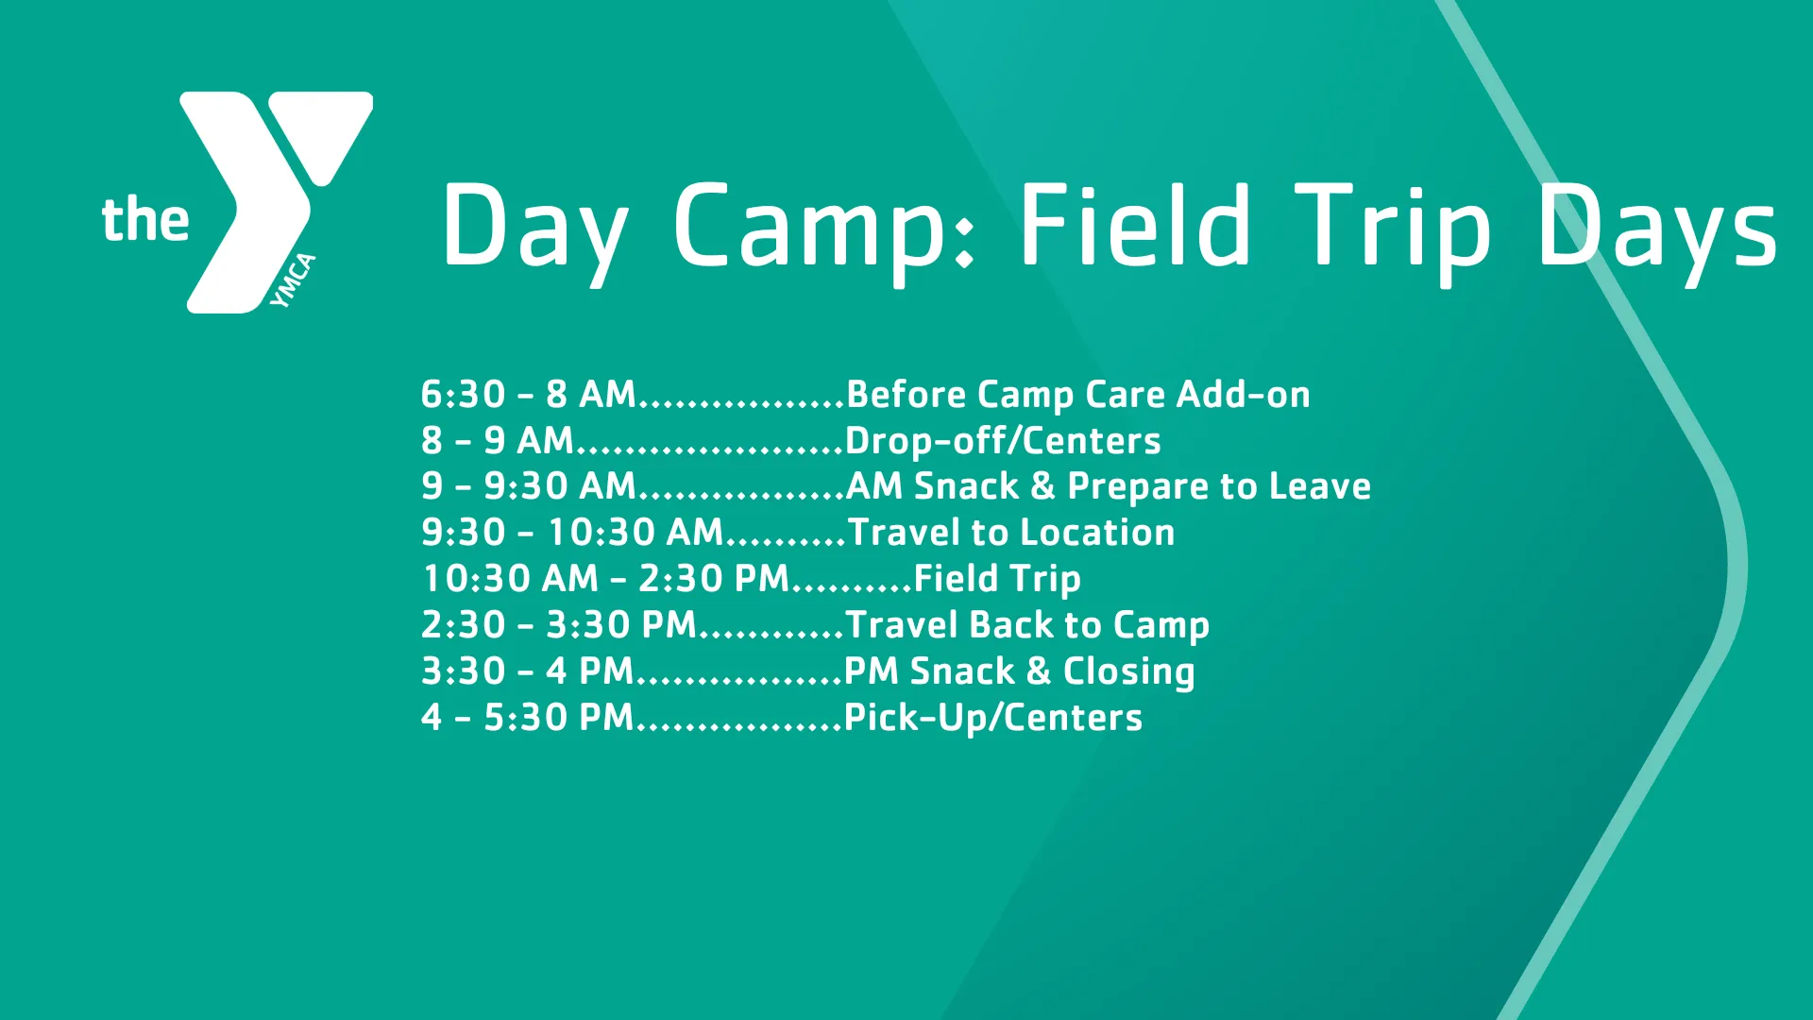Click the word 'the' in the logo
coord(145,220)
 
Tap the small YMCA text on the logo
coord(293,280)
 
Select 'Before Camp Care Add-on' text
coord(1078,395)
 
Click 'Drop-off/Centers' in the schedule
coord(1003,441)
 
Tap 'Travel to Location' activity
coord(1011,533)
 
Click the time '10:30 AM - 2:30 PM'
coord(605,579)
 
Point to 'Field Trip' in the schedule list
coord(997,579)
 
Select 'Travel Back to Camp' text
coord(1027,625)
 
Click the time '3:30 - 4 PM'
coord(527,671)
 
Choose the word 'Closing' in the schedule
coord(1129,671)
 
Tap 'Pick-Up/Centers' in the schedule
coord(993,718)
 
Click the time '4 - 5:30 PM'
coord(527,718)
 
